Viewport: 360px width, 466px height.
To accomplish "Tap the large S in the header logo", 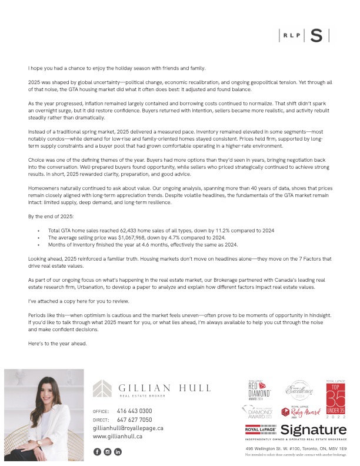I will (x=316, y=35).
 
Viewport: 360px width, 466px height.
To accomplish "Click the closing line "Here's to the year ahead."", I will (x=57, y=344).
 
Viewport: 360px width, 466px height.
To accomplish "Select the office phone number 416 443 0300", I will (x=134, y=411).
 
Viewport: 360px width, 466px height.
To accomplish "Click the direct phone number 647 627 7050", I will (x=134, y=420).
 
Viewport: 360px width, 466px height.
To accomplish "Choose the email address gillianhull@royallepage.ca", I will (x=128, y=428).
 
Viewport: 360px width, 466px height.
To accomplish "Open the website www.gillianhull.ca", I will (x=118, y=437).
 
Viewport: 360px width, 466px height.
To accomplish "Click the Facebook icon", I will (x=97, y=451).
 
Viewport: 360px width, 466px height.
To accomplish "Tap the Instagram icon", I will (x=108, y=451).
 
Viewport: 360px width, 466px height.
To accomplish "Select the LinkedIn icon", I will (x=118, y=451).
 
